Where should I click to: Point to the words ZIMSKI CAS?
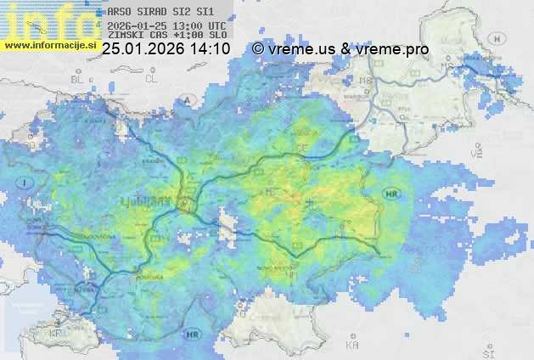[133, 36]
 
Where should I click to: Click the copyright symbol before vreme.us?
[258, 49]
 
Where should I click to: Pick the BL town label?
[78, 79]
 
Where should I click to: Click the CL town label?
[152, 78]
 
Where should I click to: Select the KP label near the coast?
[56, 333]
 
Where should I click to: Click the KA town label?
[351, 346]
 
